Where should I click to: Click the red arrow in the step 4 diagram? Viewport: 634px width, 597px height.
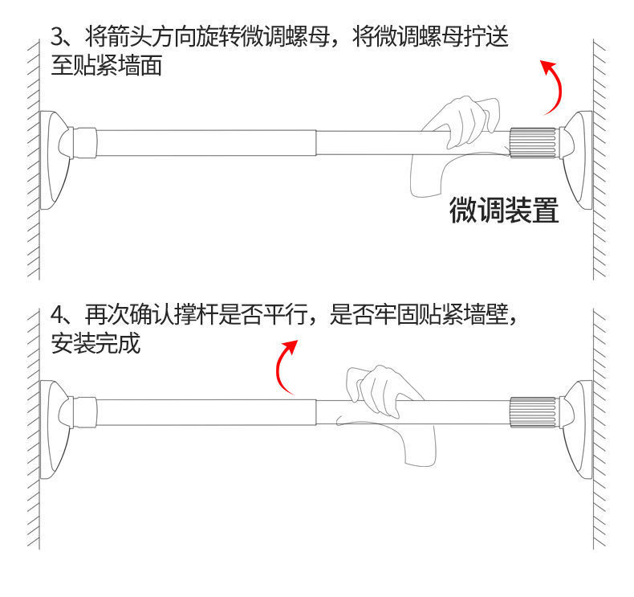coord(285,366)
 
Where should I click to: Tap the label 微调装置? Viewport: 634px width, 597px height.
coord(503,211)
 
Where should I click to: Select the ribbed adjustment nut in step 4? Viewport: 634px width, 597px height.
coord(532,410)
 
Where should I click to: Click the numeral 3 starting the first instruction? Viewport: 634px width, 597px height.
coord(57,37)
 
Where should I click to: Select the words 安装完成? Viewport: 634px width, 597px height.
coord(96,344)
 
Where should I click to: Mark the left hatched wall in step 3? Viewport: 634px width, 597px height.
coord(32,161)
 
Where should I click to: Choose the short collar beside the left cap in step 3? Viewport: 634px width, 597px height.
coord(84,143)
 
